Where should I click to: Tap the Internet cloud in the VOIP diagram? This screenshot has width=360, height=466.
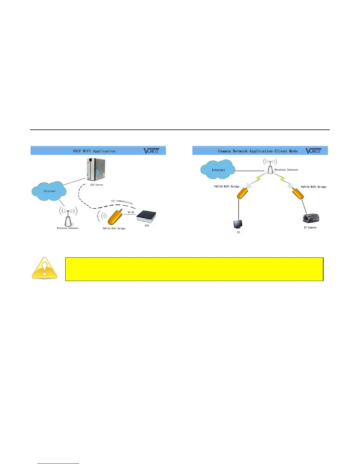coord(49,191)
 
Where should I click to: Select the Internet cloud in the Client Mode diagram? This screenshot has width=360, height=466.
coord(218,170)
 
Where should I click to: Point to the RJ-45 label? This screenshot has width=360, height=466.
coord(131,212)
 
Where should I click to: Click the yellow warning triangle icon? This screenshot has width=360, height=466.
coord(44,268)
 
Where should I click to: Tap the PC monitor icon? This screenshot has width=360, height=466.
coord(238,224)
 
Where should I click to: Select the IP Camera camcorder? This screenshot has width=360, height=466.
coord(311,218)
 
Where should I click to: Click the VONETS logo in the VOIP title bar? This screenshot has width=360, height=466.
coord(151,151)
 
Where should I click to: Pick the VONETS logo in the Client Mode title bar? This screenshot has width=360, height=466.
coord(314,151)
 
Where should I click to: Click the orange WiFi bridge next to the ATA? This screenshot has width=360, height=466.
coord(114,217)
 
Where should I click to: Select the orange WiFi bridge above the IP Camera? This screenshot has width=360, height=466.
coord(298,194)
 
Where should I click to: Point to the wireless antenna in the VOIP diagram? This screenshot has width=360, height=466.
coord(68,219)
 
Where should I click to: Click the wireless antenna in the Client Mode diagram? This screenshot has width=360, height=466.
coord(270,168)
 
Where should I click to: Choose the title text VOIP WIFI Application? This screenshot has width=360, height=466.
coord(94,151)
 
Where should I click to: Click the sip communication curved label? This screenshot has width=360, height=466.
coord(122,202)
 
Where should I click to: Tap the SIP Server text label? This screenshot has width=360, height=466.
coord(96,185)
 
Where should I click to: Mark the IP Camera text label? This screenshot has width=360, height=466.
coord(310,227)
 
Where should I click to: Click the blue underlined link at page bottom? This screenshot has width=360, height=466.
coord(58,463)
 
